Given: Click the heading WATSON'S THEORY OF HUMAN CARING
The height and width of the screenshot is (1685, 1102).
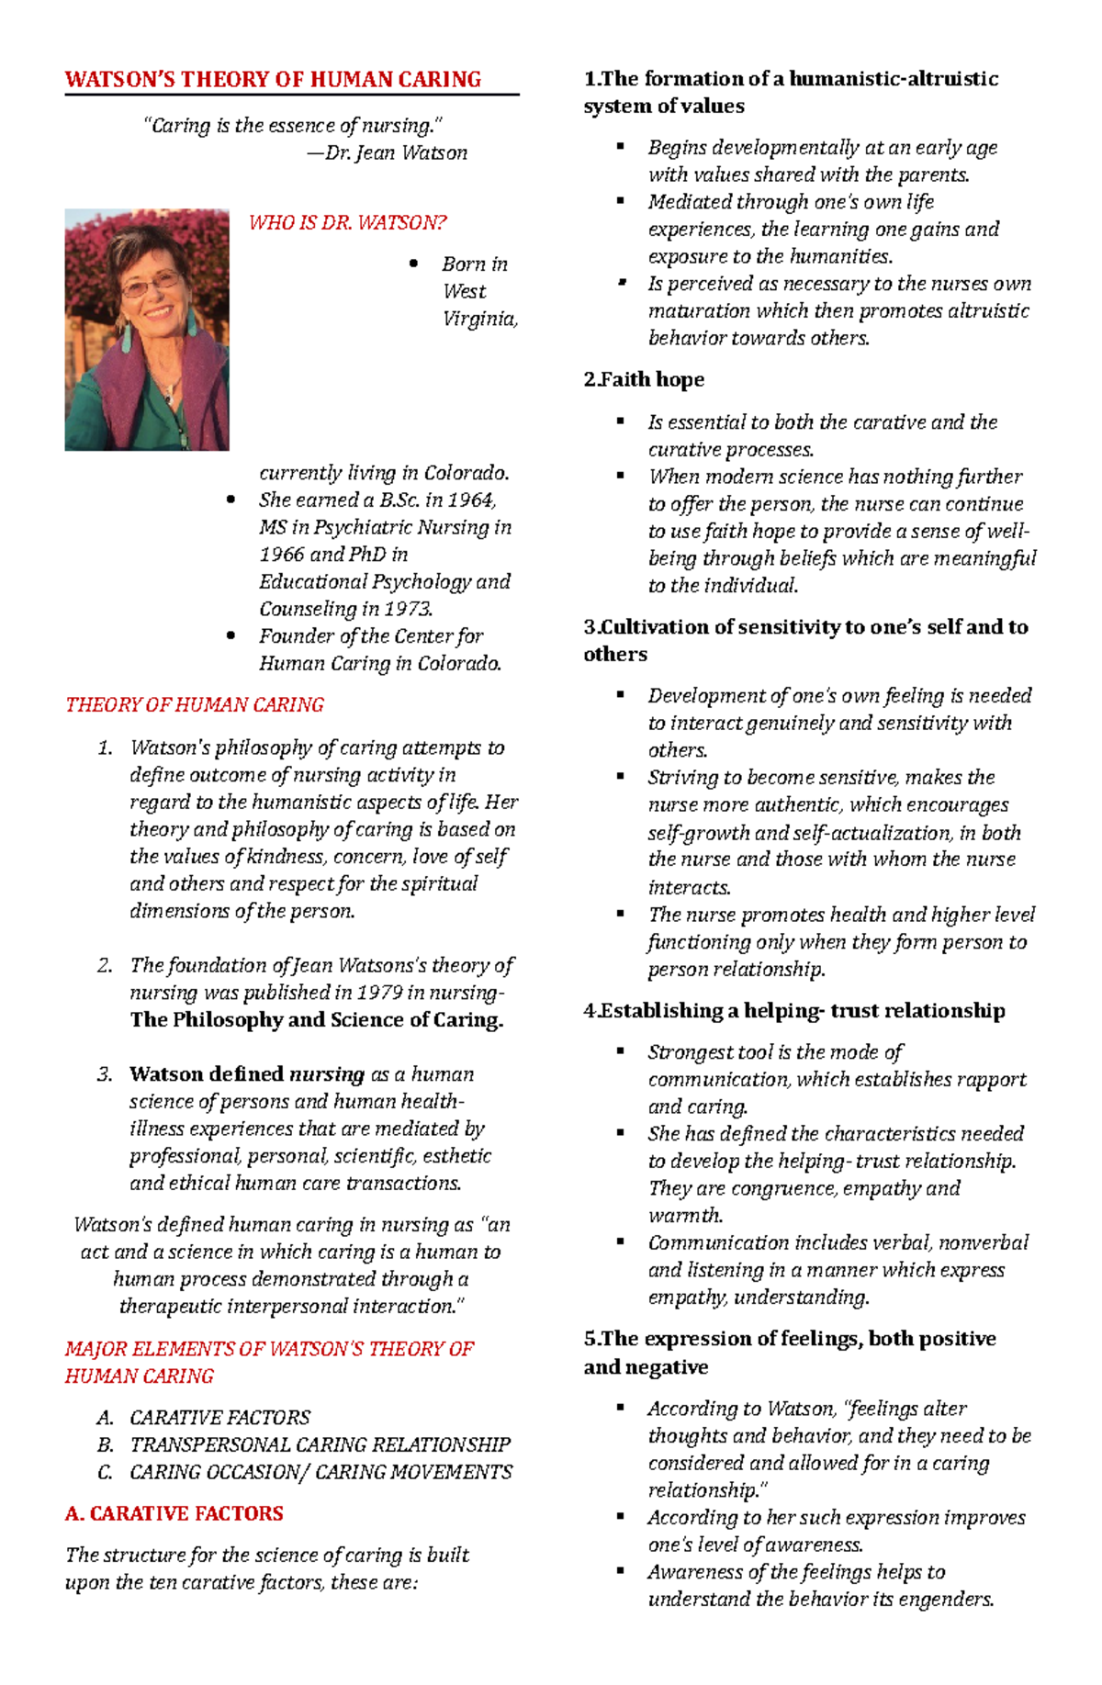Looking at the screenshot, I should tap(273, 79).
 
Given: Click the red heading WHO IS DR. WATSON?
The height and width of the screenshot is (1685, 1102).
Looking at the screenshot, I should tap(347, 222).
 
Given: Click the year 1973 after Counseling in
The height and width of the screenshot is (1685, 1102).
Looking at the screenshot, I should tap(408, 609).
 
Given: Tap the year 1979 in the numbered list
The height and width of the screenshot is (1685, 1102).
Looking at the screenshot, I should tap(378, 992).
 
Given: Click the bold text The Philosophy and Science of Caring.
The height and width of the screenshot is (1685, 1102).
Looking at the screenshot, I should tap(316, 1019).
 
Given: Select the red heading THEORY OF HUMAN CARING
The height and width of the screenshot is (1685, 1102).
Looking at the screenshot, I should tap(194, 704).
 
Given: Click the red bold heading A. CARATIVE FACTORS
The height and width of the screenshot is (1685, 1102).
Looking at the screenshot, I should tap(174, 1513).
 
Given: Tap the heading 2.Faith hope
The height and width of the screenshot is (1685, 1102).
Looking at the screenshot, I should tap(644, 379).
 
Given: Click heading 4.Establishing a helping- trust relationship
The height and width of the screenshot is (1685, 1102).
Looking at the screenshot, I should tap(794, 1010).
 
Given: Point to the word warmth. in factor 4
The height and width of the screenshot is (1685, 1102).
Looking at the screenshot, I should tap(685, 1215).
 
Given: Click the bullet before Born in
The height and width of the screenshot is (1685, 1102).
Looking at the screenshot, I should tap(413, 264).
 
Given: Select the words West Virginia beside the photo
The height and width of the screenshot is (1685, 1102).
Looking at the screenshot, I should tap(478, 305).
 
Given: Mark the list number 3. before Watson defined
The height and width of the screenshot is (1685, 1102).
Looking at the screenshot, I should tap(105, 1074).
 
